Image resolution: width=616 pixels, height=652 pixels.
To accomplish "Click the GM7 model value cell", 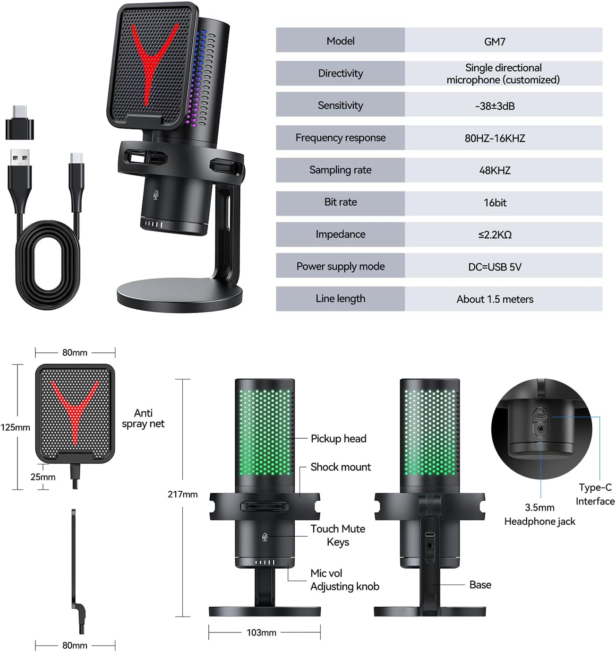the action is pyautogui.click(x=495, y=42).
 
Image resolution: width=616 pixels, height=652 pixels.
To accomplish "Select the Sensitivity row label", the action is pyautogui.click(x=340, y=105).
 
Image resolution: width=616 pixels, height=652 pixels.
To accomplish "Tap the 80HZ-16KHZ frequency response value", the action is pyautogui.click(x=495, y=138).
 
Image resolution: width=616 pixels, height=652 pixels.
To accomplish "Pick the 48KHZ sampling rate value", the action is pyautogui.click(x=495, y=170).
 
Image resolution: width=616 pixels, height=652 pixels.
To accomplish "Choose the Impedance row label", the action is pyautogui.click(x=340, y=234).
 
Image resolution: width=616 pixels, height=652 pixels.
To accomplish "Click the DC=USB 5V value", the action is pyautogui.click(x=495, y=267).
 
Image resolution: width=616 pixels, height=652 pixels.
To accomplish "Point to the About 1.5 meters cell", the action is pyautogui.click(x=495, y=299).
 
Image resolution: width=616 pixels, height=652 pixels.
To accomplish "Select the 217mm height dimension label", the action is pyautogui.click(x=182, y=494).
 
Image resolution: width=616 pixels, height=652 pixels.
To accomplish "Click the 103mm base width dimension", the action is pyautogui.click(x=261, y=632).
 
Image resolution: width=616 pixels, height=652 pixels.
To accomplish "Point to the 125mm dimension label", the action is pyautogui.click(x=15, y=427).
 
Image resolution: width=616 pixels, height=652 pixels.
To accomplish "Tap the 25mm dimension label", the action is pyautogui.click(x=43, y=477).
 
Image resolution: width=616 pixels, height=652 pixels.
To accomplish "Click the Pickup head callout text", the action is pyautogui.click(x=338, y=438).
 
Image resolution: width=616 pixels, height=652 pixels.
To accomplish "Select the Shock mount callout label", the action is pyautogui.click(x=341, y=467).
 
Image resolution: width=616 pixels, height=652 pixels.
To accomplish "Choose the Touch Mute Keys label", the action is pyautogui.click(x=338, y=535).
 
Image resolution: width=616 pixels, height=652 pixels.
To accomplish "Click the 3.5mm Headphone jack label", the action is pyautogui.click(x=539, y=514).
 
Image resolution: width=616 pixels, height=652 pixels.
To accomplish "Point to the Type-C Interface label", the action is pyautogui.click(x=595, y=494).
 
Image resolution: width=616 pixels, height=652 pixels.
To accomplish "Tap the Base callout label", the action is pyautogui.click(x=480, y=585).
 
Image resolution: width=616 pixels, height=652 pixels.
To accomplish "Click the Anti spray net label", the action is pyautogui.click(x=143, y=418).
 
